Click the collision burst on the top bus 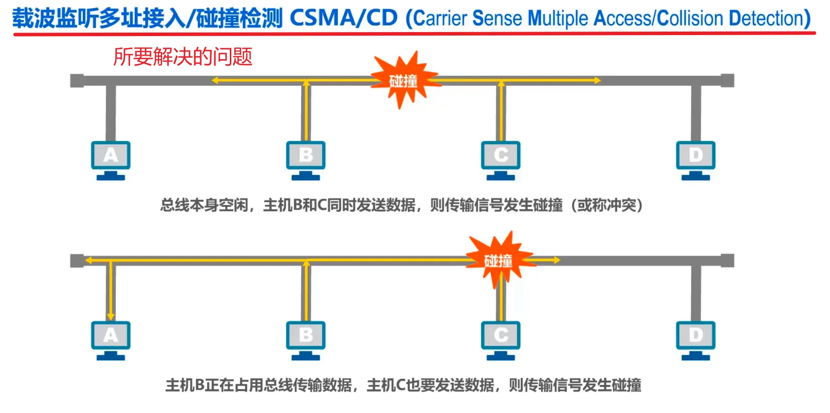pyautogui.click(x=403, y=80)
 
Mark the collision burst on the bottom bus pyautogui.click(x=498, y=260)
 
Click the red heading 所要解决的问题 pyautogui.click(x=183, y=57)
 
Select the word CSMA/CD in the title pyautogui.click(x=344, y=19)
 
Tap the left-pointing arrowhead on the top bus pyautogui.click(x=215, y=80)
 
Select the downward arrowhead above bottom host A pyautogui.click(x=110, y=316)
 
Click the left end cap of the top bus pyautogui.click(x=77, y=80)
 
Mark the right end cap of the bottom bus pyautogui.click(x=727, y=260)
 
